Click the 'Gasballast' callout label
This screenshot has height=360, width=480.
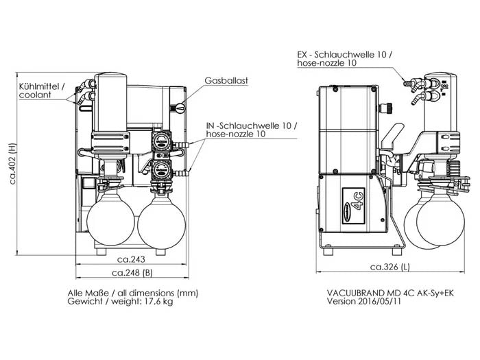tap(226, 80)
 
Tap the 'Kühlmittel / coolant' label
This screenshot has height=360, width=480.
tap(42, 91)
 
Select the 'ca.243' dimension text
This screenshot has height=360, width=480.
tap(130, 260)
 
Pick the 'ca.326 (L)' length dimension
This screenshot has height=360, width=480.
tap(390, 267)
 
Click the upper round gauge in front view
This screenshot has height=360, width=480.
tap(163, 142)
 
